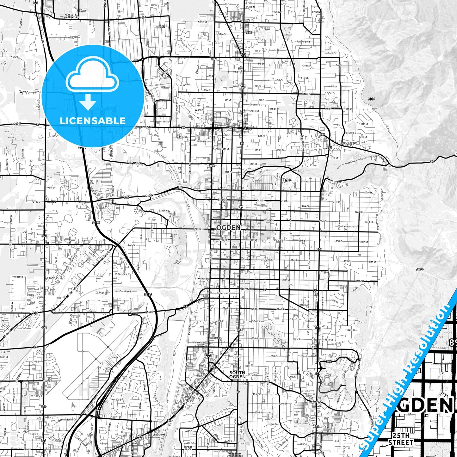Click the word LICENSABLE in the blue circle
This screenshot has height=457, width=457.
(x=92, y=120)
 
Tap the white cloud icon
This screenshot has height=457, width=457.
(x=92, y=76)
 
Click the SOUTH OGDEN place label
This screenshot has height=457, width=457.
(x=237, y=375)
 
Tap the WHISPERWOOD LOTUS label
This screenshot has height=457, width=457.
(x=349, y=144)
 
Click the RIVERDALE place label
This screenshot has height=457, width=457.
(x=160, y=435)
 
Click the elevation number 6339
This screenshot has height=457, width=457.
(x=371, y=99)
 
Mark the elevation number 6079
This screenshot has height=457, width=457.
(x=420, y=270)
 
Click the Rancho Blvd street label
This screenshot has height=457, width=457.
(x=303, y=42)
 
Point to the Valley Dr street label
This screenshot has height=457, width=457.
(x=336, y=181)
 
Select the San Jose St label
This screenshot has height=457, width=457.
(x=126, y=291)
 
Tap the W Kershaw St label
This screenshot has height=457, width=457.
(x=123, y=274)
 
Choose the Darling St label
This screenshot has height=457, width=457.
(x=341, y=286)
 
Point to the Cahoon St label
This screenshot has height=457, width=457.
(x=348, y=226)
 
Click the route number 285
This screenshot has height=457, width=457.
(x=287, y=180)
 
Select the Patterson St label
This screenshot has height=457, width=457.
(x=223, y=293)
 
